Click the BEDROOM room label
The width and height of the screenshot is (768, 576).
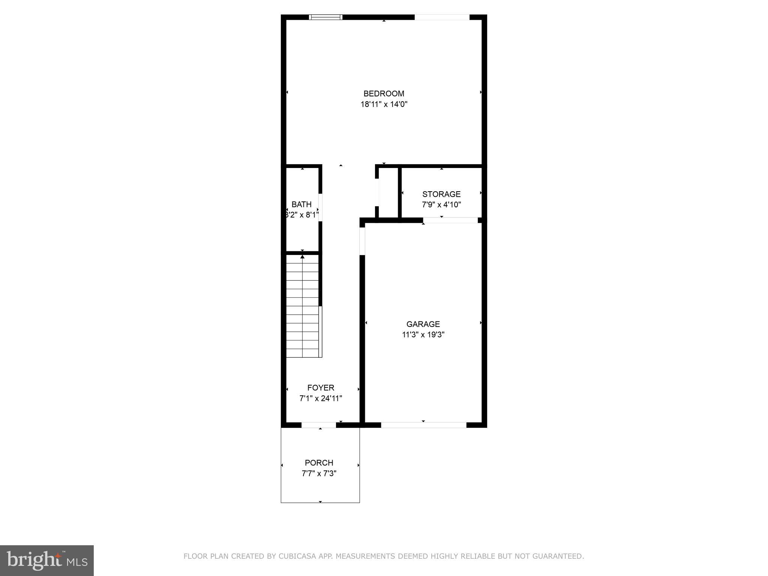point(384,93)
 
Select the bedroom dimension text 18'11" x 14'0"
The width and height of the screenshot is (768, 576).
point(384,104)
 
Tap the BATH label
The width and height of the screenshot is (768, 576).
point(301,204)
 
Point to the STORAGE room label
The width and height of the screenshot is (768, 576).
point(441,194)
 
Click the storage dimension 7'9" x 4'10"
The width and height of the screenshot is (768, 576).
point(441,205)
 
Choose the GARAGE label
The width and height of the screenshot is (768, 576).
point(423,324)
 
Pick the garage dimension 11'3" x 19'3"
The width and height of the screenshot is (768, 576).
point(423,334)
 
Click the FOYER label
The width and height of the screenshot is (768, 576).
point(321,388)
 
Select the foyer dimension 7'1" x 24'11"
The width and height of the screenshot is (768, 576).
point(321,398)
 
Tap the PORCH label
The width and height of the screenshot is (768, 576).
point(319,463)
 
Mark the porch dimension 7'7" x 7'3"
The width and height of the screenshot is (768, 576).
point(319,473)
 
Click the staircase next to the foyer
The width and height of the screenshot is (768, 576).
point(302,306)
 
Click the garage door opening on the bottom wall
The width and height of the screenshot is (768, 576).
point(423,425)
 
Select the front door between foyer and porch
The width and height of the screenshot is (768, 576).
point(319,425)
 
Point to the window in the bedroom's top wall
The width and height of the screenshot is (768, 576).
point(325,17)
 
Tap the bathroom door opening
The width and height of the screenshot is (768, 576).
point(320,207)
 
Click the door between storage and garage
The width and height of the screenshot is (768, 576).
point(450,220)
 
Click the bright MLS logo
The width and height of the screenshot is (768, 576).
point(47,560)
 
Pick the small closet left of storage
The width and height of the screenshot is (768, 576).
point(388,192)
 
